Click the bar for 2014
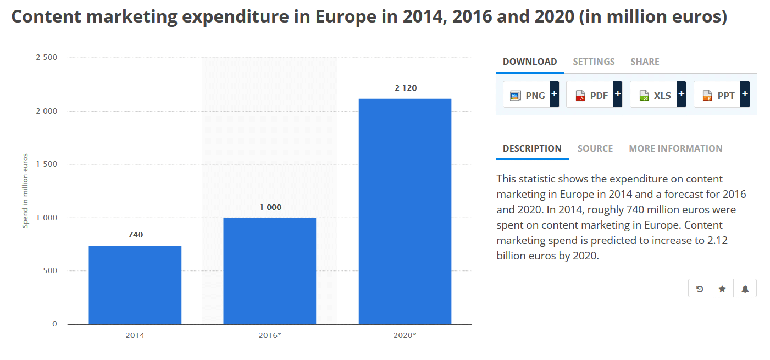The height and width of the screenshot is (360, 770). point(135,285)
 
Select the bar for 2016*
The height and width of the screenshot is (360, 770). point(269,271)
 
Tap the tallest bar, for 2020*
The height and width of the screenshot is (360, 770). point(405,211)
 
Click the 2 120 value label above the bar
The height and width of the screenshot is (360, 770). point(406,88)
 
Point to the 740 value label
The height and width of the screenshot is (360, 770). point(135,235)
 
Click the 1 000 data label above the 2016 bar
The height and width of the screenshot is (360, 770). point(270,207)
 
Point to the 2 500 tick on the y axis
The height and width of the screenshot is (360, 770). point(46,57)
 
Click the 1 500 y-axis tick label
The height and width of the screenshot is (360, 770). point(46,164)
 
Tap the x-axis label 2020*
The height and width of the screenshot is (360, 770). point(406,335)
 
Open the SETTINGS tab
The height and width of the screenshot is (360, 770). point(594,62)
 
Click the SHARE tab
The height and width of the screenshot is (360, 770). point(645,62)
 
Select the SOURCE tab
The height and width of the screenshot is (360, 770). point(595,148)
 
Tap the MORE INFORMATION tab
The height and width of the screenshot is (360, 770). point(675,148)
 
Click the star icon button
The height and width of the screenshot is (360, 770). point(722,289)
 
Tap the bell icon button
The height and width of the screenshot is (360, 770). point(745,289)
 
